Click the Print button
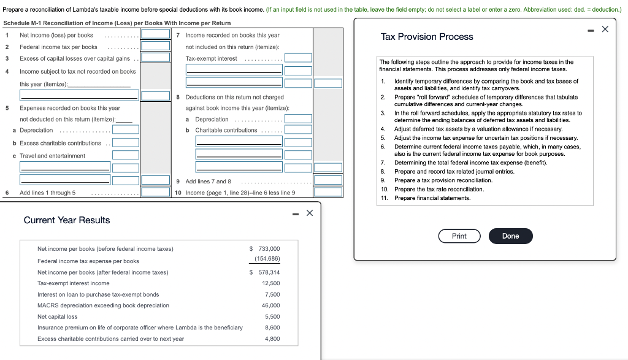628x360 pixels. click(x=459, y=236)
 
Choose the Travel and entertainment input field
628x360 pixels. click(x=125, y=155)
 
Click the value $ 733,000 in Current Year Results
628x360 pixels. click(x=265, y=248)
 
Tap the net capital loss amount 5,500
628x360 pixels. click(x=272, y=316)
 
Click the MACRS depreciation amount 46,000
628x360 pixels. click(x=270, y=305)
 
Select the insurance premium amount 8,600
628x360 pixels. click(x=272, y=327)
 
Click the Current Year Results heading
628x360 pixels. click(x=67, y=220)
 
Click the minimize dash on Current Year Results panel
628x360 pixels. click(x=295, y=213)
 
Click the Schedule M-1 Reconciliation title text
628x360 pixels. click(x=117, y=23)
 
